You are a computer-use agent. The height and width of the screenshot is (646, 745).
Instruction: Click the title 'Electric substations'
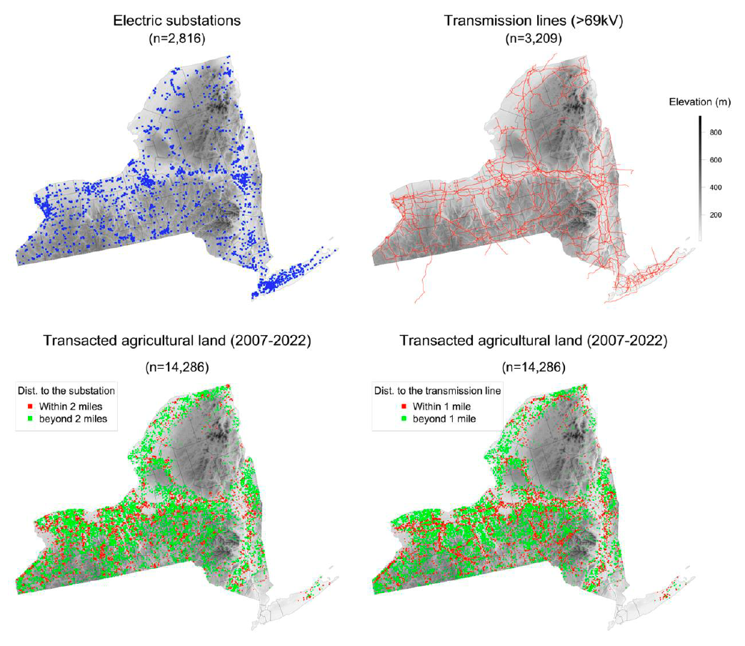click(x=176, y=21)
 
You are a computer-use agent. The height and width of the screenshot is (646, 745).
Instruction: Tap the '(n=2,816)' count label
click(x=176, y=38)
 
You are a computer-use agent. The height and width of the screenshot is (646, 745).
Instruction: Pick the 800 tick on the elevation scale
click(x=716, y=133)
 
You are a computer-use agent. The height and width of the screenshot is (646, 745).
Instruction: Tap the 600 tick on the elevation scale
click(x=716, y=160)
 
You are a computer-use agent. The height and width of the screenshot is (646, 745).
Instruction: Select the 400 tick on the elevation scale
click(x=716, y=187)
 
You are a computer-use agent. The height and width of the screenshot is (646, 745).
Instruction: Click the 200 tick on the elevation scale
click(x=716, y=214)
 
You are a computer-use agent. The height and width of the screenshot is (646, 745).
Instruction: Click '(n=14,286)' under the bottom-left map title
click(x=176, y=369)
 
